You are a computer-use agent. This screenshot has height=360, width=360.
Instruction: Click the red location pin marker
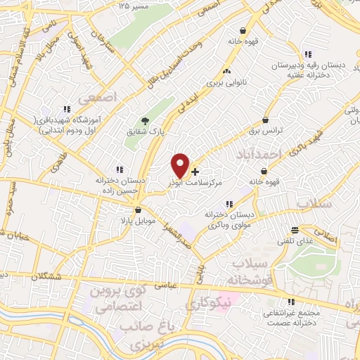point(180,165)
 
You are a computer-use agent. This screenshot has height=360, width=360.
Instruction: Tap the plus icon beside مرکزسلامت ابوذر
point(195,171)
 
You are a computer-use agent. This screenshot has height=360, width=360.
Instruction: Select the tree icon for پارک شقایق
point(145,122)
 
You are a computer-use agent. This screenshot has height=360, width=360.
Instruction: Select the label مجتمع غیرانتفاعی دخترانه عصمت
point(290,316)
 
